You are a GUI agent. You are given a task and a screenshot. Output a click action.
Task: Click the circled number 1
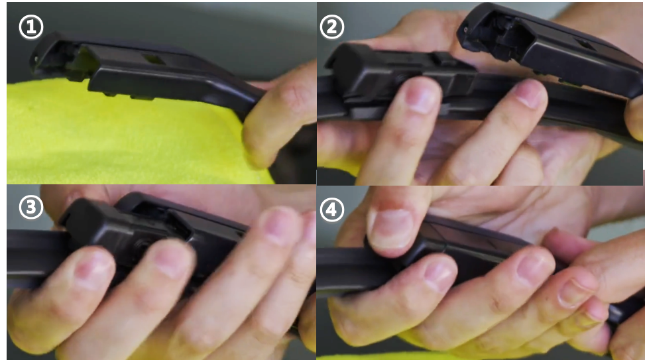tap(31, 27)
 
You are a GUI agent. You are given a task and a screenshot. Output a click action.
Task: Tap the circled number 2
tap(331, 27)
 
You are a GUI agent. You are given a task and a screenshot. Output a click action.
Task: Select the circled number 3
tap(31, 208)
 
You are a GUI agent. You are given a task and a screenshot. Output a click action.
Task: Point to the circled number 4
tap(331, 210)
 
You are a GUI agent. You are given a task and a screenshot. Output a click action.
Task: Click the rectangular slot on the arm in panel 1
tap(154, 60)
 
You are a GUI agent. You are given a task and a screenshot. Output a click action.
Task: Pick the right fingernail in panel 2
tap(530, 93)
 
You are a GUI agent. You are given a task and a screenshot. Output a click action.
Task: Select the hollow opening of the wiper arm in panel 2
tap(506, 35)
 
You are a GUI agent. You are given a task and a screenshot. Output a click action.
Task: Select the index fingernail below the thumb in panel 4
tap(440, 274)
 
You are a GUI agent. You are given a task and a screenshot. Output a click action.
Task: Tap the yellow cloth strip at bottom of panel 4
tap(370, 356)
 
